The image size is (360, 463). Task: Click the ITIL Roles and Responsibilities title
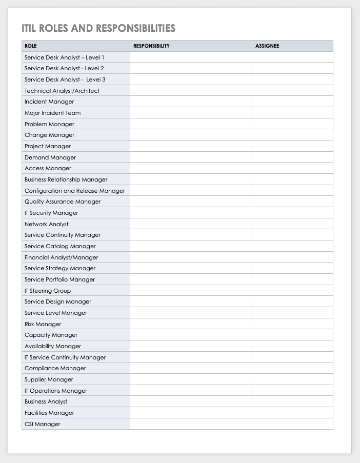point(98,28)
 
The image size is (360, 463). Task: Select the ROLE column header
point(31,46)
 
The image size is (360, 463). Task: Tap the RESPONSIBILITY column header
point(151,46)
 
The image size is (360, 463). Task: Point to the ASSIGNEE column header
point(267,46)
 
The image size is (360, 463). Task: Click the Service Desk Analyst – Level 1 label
point(64,57)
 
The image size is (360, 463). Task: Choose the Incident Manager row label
point(49,102)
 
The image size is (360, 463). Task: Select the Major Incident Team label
point(52,113)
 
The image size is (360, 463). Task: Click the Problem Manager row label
point(49,124)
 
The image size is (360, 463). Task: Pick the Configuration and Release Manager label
point(74,191)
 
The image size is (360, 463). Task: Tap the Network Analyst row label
point(46,224)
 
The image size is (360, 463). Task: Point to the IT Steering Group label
point(48,291)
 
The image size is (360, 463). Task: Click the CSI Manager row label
point(42,424)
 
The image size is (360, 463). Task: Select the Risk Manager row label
point(43,324)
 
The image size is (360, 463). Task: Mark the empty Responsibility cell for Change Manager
point(191,135)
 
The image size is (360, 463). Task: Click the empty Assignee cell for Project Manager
point(292,146)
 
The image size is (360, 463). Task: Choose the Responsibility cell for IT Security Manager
point(191,213)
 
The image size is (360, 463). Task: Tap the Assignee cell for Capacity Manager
point(292,335)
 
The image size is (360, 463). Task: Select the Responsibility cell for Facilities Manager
point(191,413)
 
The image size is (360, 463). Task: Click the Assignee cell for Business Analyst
point(292,401)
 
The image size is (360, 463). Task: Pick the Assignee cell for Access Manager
point(292,168)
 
